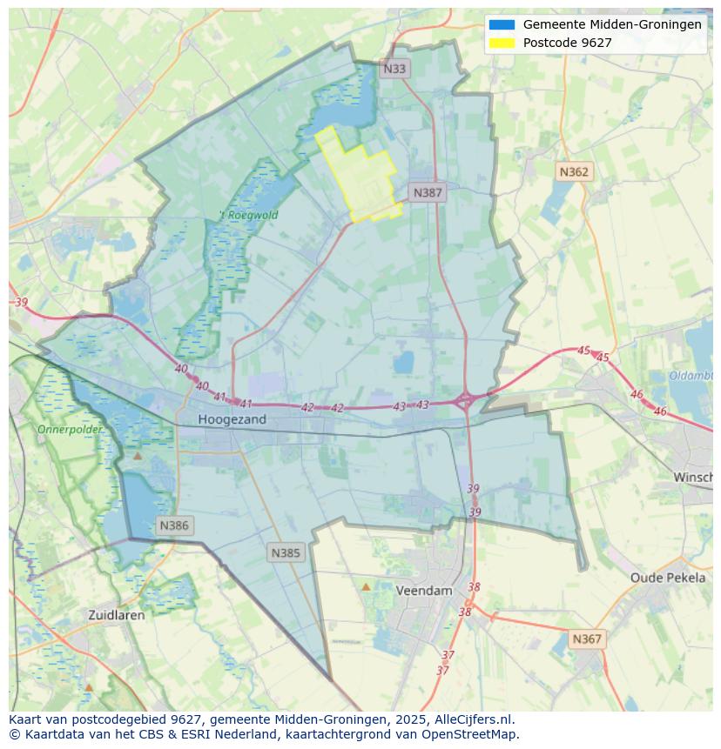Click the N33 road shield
click(x=394, y=68)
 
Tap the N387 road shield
click(x=428, y=193)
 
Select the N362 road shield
click(x=574, y=172)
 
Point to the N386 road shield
click(x=174, y=525)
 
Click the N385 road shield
click(x=286, y=552)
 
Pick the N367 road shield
click(x=587, y=639)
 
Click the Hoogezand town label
click(x=232, y=419)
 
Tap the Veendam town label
click(x=424, y=591)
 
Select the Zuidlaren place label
click(x=117, y=614)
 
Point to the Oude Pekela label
click(x=668, y=578)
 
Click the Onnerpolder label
click(x=70, y=430)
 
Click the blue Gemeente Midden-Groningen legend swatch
click(x=502, y=25)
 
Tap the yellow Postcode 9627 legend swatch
click(x=502, y=43)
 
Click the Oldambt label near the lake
click(x=691, y=376)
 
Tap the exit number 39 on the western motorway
click(x=22, y=303)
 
